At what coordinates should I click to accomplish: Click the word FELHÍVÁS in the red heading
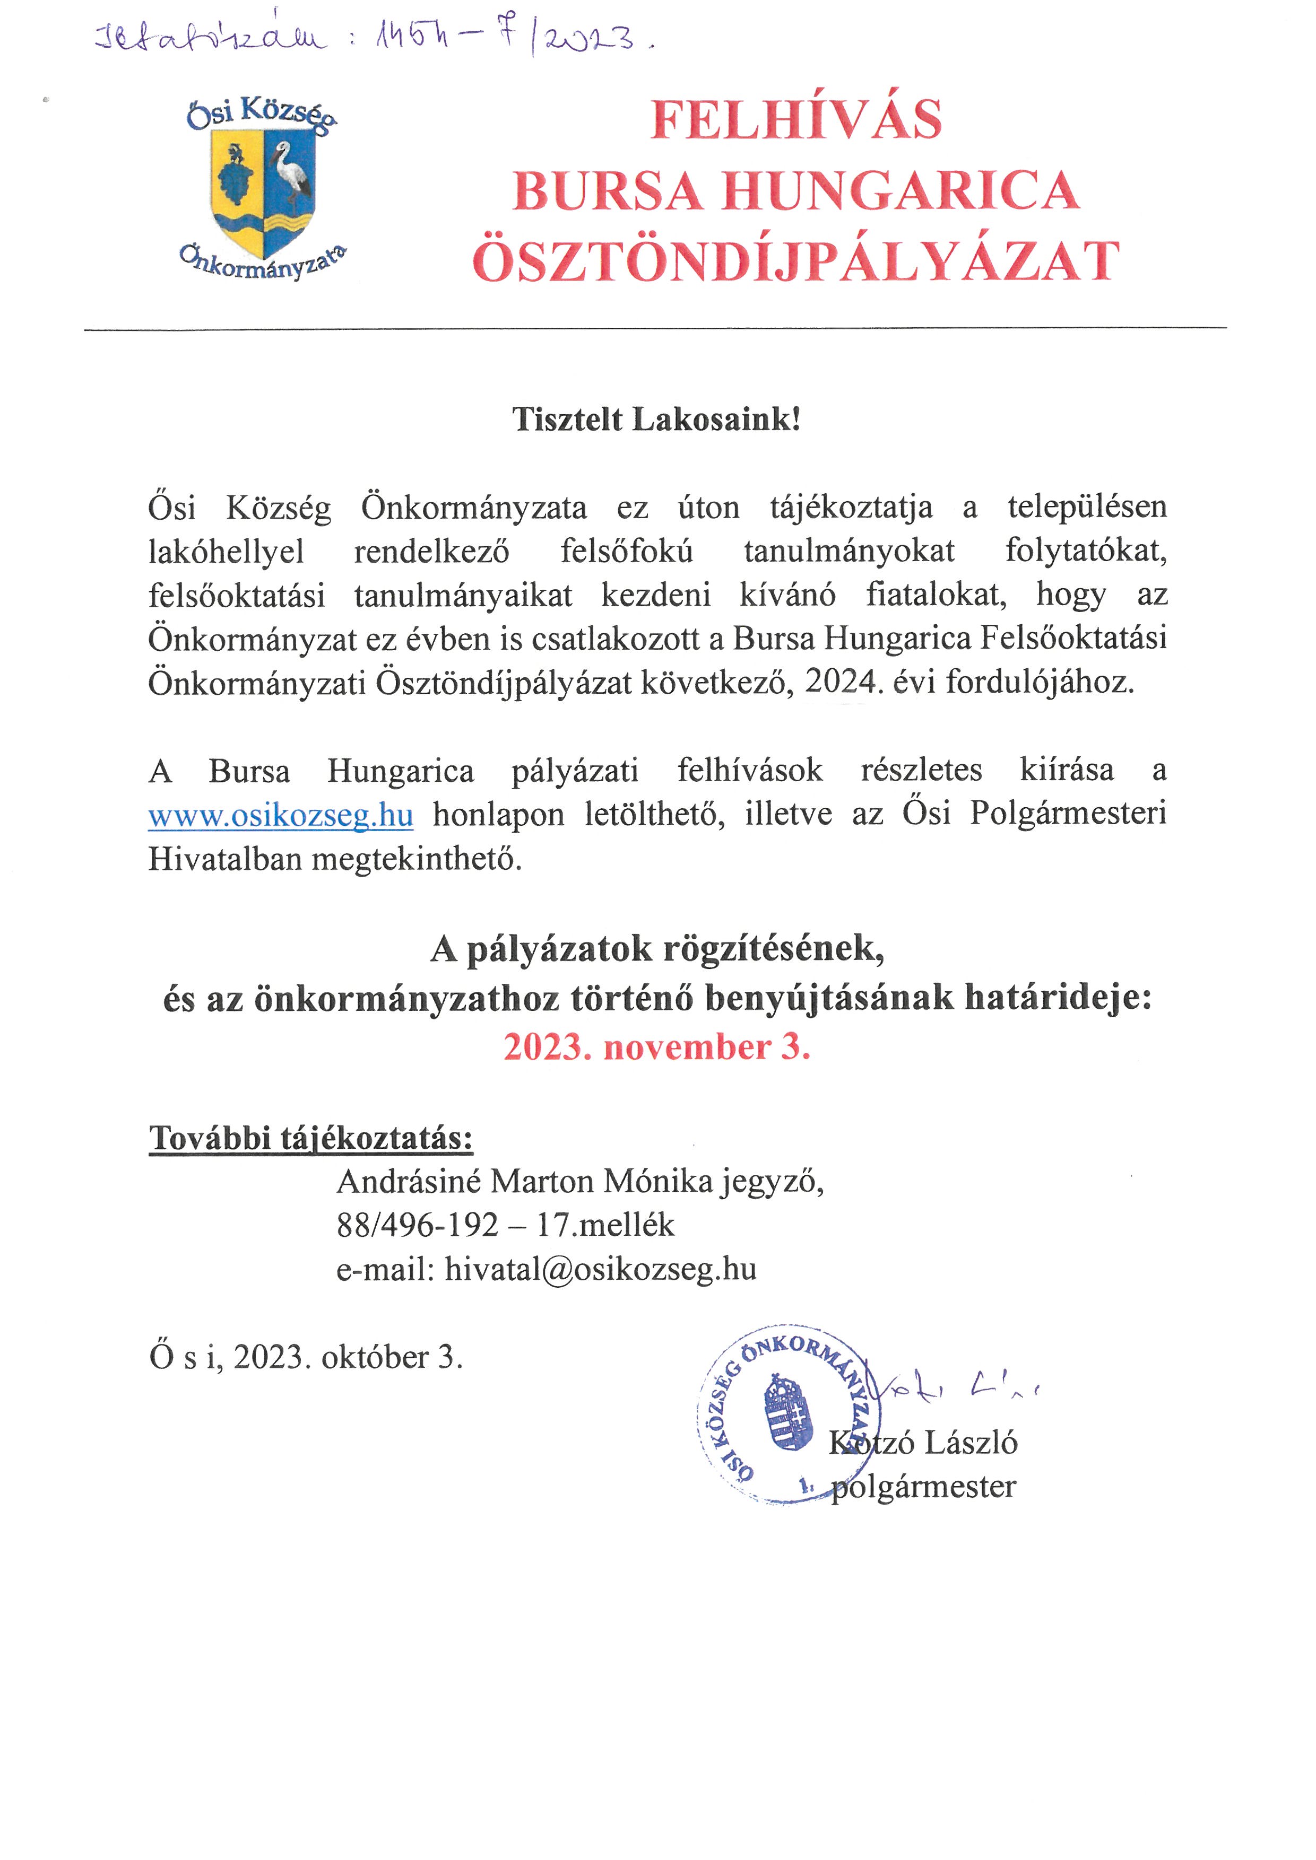click(796, 119)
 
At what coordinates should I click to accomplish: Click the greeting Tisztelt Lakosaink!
click(656, 420)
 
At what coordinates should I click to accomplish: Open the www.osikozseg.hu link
click(280, 814)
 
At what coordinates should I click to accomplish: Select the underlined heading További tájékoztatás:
click(310, 1138)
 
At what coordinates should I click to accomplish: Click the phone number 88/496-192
click(417, 1225)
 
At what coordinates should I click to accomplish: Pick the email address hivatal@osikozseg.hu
click(601, 1269)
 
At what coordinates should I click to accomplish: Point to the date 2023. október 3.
click(349, 1357)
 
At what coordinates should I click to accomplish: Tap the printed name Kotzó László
click(923, 1443)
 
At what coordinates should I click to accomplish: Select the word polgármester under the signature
click(924, 1486)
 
